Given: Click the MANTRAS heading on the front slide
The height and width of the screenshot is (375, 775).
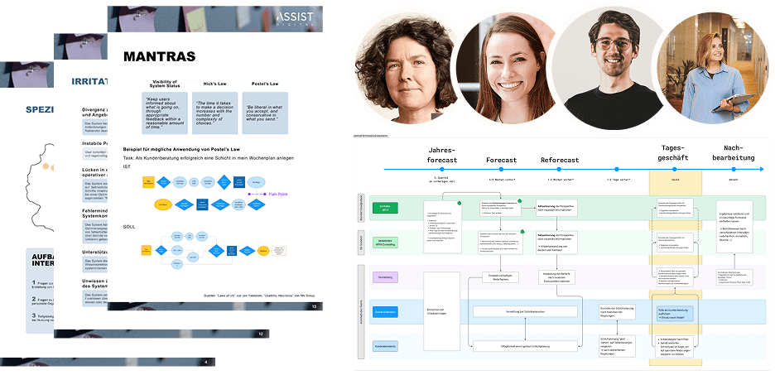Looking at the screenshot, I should click(x=159, y=57).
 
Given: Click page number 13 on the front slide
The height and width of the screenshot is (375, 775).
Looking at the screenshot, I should click(x=314, y=284).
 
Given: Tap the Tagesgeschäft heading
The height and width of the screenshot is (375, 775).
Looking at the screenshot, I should click(x=675, y=154).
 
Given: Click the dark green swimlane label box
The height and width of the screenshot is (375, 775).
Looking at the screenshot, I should click(x=384, y=207).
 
